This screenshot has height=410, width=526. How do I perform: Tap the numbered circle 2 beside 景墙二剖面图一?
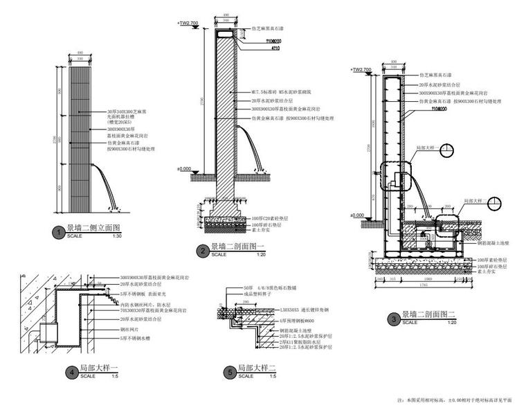[202, 251]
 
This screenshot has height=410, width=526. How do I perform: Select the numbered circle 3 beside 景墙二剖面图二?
[394, 319]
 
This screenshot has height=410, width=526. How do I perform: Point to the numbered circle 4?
[71, 373]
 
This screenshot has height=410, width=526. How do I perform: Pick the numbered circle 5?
[229, 373]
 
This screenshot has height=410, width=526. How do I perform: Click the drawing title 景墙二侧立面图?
[93, 228]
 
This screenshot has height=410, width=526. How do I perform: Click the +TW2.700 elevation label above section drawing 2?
[188, 23]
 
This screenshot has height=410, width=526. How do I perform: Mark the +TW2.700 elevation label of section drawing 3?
[362, 69]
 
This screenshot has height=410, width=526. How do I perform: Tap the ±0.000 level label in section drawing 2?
[184, 169]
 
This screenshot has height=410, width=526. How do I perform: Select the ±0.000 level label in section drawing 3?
[357, 215]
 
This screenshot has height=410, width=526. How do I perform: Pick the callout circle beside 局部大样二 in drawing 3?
[495, 203]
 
